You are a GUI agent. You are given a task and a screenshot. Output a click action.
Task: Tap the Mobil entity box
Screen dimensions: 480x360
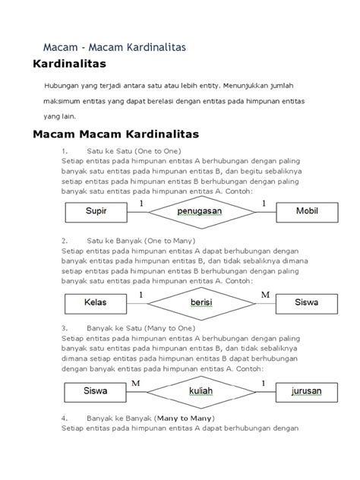point(306,213)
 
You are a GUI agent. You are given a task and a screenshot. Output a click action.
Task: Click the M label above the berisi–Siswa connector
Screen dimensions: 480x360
point(264,294)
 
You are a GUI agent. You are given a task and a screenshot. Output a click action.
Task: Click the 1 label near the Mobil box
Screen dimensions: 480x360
point(264,204)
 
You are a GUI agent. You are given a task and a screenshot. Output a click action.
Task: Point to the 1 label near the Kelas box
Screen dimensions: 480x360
point(141,294)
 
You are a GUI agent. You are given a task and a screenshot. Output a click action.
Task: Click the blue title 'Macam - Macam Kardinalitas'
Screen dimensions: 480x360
point(113,47)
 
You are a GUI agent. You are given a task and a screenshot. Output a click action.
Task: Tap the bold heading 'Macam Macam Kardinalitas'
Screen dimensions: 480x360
point(113,134)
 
